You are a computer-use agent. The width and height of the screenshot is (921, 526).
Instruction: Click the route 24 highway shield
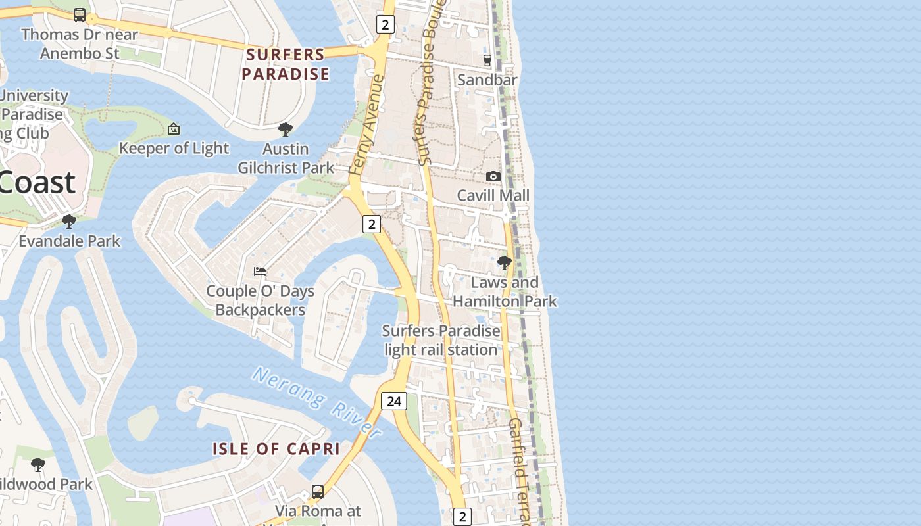point(394,400)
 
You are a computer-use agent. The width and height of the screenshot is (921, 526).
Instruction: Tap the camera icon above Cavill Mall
point(493,176)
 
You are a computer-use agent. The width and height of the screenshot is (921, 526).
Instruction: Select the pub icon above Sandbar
point(487,60)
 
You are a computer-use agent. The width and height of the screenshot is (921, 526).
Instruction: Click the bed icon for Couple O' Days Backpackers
point(260,271)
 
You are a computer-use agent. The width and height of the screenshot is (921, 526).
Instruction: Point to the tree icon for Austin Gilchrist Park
point(286,129)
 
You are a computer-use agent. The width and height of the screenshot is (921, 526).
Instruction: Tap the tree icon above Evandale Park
point(69,222)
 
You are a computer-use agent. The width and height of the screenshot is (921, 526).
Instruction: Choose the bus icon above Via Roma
point(318,491)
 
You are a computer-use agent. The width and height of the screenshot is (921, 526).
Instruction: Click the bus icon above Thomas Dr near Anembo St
point(80,14)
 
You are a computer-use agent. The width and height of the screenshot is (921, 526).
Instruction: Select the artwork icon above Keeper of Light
point(174,129)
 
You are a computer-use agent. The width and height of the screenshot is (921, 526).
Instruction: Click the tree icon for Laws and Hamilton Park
point(505,263)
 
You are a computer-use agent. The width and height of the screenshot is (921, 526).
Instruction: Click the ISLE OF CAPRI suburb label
point(276,449)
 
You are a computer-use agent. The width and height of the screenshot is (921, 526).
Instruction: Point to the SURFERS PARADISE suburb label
point(286,64)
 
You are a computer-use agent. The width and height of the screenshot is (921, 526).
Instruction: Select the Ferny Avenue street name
point(366,125)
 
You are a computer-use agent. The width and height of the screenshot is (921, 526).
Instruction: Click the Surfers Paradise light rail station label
point(441,340)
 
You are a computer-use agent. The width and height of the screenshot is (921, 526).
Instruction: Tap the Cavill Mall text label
point(493,195)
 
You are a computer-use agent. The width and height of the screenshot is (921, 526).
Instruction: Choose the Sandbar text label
point(487,80)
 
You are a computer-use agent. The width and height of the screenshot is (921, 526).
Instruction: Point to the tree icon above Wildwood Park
point(38,465)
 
